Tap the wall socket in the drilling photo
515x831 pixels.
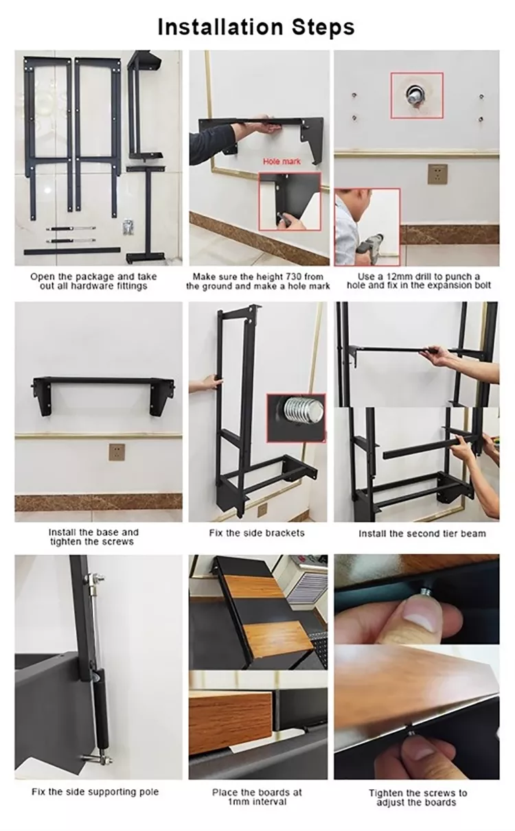point(435,174)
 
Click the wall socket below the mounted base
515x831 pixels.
point(117,452)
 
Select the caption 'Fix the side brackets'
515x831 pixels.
point(256,532)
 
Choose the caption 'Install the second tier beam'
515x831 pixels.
point(417,533)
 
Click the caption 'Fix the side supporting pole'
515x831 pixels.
point(95,791)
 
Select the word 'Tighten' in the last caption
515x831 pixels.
point(388,793)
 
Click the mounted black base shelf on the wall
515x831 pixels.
point(103,382)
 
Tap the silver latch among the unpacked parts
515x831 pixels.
point(127,228)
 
